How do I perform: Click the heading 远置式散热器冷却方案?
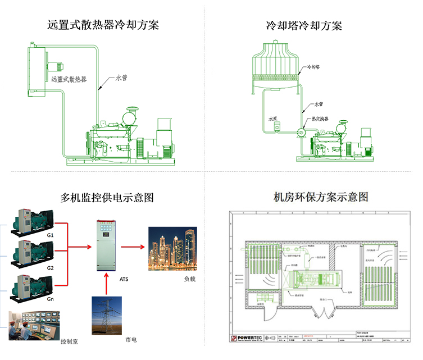coord(103,25)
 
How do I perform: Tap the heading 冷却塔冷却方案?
coord(304,25)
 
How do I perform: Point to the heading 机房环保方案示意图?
coord(321,197)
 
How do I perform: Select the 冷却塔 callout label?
coord(313,67)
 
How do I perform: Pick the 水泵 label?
coord(273,119)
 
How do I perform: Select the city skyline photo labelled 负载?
coord(172,249)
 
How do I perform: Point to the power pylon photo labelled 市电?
coord(107,315)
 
